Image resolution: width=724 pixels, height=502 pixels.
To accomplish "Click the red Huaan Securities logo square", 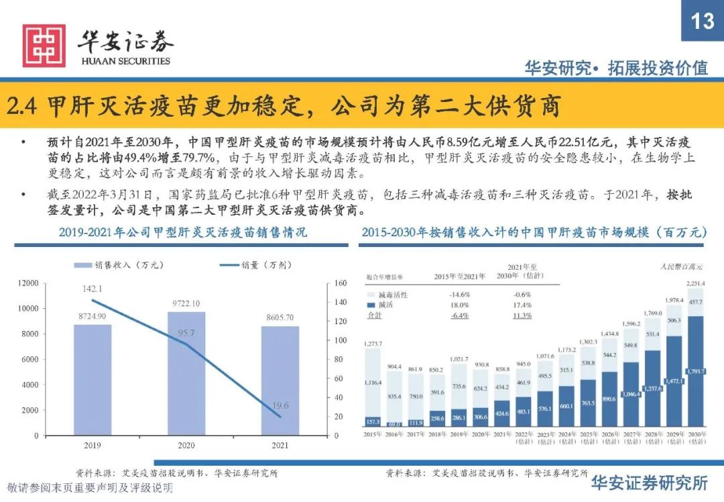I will point(44,46).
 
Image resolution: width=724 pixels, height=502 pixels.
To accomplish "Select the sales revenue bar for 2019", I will point(93,380).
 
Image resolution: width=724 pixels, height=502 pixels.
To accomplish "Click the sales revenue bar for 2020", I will point(186,373).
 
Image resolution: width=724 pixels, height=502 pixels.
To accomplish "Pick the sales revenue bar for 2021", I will point(280,381).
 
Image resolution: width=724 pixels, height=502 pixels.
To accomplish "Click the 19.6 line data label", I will point(280,405).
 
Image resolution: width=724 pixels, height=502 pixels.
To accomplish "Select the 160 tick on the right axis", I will point(339,284).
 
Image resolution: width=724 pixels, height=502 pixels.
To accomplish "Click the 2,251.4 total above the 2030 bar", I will point(695,284).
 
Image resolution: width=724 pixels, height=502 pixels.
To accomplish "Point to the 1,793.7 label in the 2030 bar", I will point(695,371).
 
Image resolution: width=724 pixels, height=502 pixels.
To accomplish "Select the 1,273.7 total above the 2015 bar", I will point(373,344).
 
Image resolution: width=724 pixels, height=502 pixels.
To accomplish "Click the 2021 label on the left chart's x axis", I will point(280,445).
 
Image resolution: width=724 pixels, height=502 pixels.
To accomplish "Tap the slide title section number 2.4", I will point(23,105).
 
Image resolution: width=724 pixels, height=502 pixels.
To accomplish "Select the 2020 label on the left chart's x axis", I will point(186,445).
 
